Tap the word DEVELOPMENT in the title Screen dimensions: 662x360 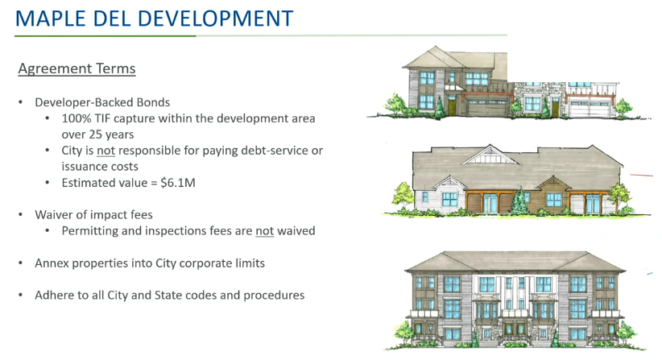point(215,19)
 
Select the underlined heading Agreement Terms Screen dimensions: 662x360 point(77,68)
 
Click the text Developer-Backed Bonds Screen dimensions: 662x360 point(102,102)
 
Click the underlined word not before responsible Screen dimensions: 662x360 point(106,151)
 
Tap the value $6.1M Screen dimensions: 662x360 point(178,183)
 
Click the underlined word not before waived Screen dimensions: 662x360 point(265,231)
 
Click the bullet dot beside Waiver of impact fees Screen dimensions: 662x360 point(21,215)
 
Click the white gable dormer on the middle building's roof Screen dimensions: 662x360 point(490,155)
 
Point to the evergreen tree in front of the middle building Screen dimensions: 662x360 point(519,201)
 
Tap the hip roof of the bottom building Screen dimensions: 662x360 point(515,262)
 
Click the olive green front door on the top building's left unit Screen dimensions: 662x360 point(452,107)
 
